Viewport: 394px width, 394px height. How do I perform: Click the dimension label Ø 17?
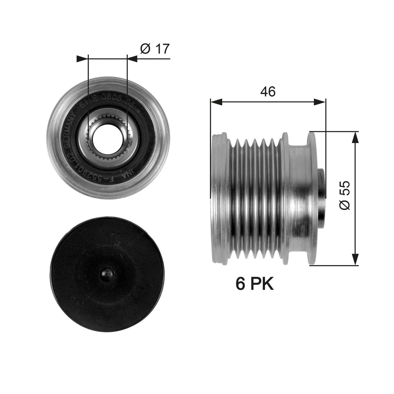(155, 49)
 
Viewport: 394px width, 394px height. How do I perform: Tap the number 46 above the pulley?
(268, 92)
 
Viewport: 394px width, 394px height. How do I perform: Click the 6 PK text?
(255, 284)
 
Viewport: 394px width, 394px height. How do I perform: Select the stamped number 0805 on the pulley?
(102, 106)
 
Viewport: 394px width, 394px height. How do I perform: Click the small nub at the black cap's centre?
(107, 274)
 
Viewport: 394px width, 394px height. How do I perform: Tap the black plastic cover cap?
(107, 274)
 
